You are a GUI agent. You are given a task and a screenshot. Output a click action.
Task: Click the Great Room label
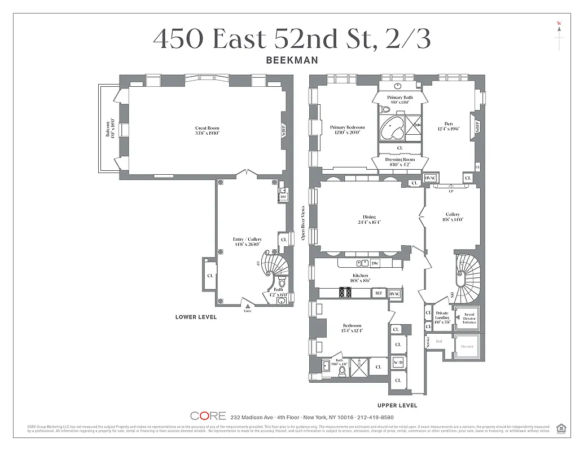pos(207,130)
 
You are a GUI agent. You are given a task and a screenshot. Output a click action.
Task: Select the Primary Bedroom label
pos(348,130)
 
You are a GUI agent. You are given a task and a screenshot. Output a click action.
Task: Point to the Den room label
pos(449,126)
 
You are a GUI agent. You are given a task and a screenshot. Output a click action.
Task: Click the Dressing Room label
pos(399,162)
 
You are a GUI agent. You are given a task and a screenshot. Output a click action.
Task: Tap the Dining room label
pos(370,219)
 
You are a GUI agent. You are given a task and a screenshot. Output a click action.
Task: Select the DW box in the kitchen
pos(375,263)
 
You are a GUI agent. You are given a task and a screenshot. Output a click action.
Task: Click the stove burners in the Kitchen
pos(345,293)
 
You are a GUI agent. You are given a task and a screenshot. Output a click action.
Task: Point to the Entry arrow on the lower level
pos(247,306)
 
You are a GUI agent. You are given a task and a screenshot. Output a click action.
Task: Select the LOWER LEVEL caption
pos(196,317)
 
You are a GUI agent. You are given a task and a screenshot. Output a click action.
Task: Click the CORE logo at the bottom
pos(208,416)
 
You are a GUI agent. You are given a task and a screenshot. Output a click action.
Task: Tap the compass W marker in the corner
pos(559,23)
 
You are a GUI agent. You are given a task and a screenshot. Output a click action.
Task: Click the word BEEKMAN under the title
pos(292,60)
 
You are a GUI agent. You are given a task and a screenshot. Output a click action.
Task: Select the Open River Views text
pos(303,222)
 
